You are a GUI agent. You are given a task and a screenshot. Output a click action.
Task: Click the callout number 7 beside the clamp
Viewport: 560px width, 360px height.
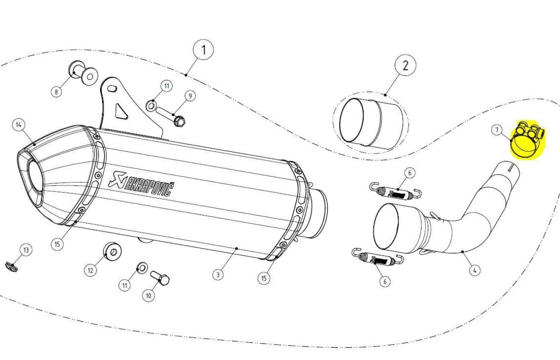[x=497, y=130]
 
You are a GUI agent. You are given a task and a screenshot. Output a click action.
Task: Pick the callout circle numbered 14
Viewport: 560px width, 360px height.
[x=19, y=125]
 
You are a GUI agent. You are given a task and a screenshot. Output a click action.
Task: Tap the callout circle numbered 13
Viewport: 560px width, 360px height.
[x=26, y=251]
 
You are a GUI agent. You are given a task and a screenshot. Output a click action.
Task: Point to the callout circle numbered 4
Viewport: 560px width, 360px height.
[x=474, y=270]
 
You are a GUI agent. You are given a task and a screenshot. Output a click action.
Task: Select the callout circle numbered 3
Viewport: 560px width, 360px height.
[x=218, y=275]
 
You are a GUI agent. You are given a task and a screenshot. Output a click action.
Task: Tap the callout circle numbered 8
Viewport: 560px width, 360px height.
[x=58, y=92]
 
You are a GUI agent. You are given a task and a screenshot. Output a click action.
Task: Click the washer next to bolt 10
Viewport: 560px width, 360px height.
[x=141, y=268]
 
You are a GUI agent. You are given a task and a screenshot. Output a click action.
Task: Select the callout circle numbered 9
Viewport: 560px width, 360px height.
[x=189, y=96]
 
